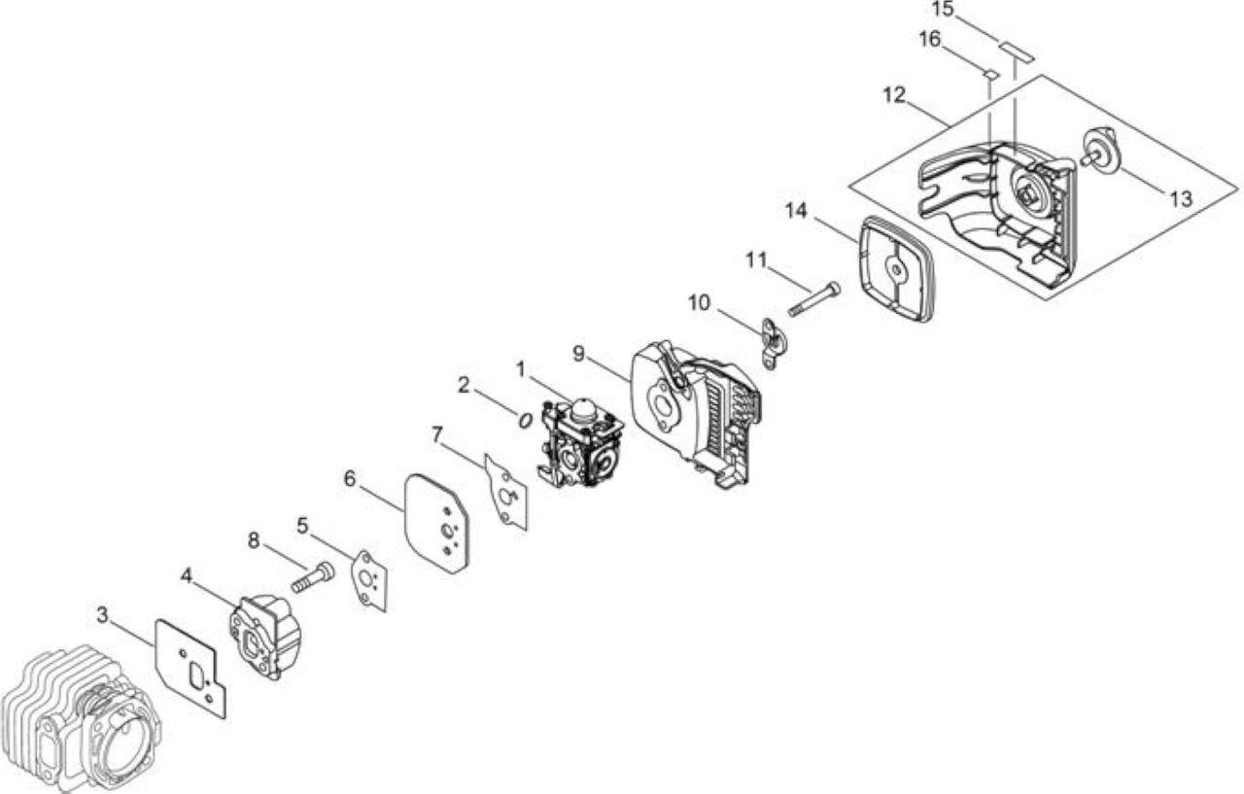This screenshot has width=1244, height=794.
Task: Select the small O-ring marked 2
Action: pos(524,420)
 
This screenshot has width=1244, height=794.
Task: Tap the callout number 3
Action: pos(102,614)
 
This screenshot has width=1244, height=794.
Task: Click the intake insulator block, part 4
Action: pos(265,637)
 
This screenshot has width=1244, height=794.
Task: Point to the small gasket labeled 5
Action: pos(369,581)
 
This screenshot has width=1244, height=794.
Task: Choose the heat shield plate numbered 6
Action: pos(437,523)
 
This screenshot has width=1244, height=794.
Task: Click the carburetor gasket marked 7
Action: pos(505,493)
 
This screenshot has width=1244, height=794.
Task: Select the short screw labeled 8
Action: pos(313,577)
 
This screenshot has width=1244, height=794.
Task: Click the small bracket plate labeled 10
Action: pos(775,343)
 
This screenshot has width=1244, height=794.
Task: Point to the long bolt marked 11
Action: pos(814,299)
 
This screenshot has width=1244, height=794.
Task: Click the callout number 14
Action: pos(796,211)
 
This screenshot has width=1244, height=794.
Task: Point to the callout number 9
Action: pos(578,353)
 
